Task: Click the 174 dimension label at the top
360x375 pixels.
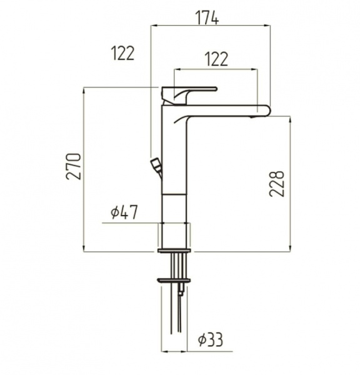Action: (x=207, y=17)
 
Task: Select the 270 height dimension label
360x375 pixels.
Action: (x=74, y=166)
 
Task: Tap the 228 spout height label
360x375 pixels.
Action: (x=276, y=184)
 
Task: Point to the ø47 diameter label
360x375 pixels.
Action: (x=124, y=212)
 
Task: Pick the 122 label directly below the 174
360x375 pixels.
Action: (x=217, y=59)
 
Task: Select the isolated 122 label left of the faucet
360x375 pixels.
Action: (x=123, y=53)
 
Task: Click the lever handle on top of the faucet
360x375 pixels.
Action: (x=189, y=95)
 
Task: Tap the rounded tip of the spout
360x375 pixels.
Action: (x=267, y=110)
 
